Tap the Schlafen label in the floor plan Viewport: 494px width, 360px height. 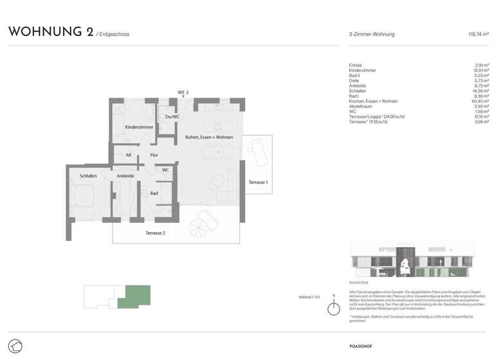click(88, 175)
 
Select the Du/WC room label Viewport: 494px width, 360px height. click(172, 116)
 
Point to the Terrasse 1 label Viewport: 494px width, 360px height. click(258, 183)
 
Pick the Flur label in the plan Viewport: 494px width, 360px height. click(154, 155)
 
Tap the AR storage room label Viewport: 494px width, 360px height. click(129, 155)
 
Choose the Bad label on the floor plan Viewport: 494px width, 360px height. click(154, 193)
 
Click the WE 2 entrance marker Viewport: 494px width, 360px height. click(183, 93)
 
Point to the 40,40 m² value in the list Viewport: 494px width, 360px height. click(480, 101)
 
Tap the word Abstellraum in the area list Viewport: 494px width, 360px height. click(360, 106)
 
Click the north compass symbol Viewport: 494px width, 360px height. click(333, 308)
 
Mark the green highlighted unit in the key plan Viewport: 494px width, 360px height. click(138, 295)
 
